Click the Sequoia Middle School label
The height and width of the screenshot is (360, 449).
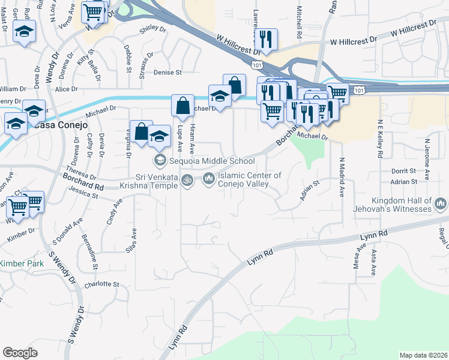click(205, 160)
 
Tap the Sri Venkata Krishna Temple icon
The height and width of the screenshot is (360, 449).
click(187, 179)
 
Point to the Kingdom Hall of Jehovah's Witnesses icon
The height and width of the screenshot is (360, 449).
click(441, 205)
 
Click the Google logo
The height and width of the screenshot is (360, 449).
click(20, 353)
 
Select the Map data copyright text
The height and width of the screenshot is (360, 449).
click(423, 355)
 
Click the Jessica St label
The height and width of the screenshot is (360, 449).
click(83, 194)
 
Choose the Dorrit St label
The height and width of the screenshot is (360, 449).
click(403, 171)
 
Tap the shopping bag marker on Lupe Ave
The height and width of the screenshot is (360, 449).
click(182, 106)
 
